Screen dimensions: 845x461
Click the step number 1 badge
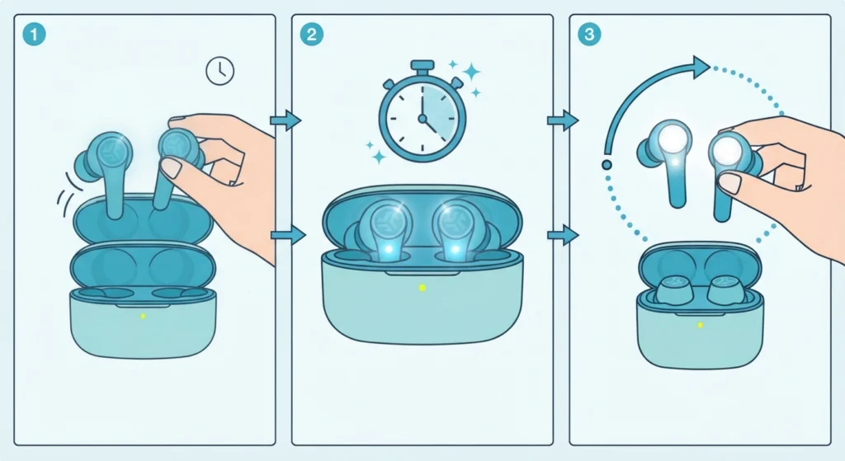[34, 35]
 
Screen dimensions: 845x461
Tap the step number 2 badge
[311, 35]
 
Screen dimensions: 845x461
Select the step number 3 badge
[589, 35]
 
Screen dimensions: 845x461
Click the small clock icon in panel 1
[220, 71]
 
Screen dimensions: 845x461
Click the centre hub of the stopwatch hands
[422, 118]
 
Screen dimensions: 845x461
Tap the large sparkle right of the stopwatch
[471, 72]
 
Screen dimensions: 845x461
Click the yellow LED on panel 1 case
[143, 316]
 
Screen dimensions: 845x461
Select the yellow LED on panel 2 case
[422, 288]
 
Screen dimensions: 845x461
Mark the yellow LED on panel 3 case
[700, 325]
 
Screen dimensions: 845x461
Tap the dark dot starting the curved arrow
[607, 165]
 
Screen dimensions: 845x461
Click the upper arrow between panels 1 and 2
[286, 120]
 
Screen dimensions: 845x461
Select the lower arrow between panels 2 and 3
[563, 235]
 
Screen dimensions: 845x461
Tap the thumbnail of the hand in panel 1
[172, 167]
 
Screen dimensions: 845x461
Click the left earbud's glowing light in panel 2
[386, 249]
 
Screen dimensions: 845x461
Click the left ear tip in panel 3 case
[673, 289]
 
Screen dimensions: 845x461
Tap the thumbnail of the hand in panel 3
[731, 183]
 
